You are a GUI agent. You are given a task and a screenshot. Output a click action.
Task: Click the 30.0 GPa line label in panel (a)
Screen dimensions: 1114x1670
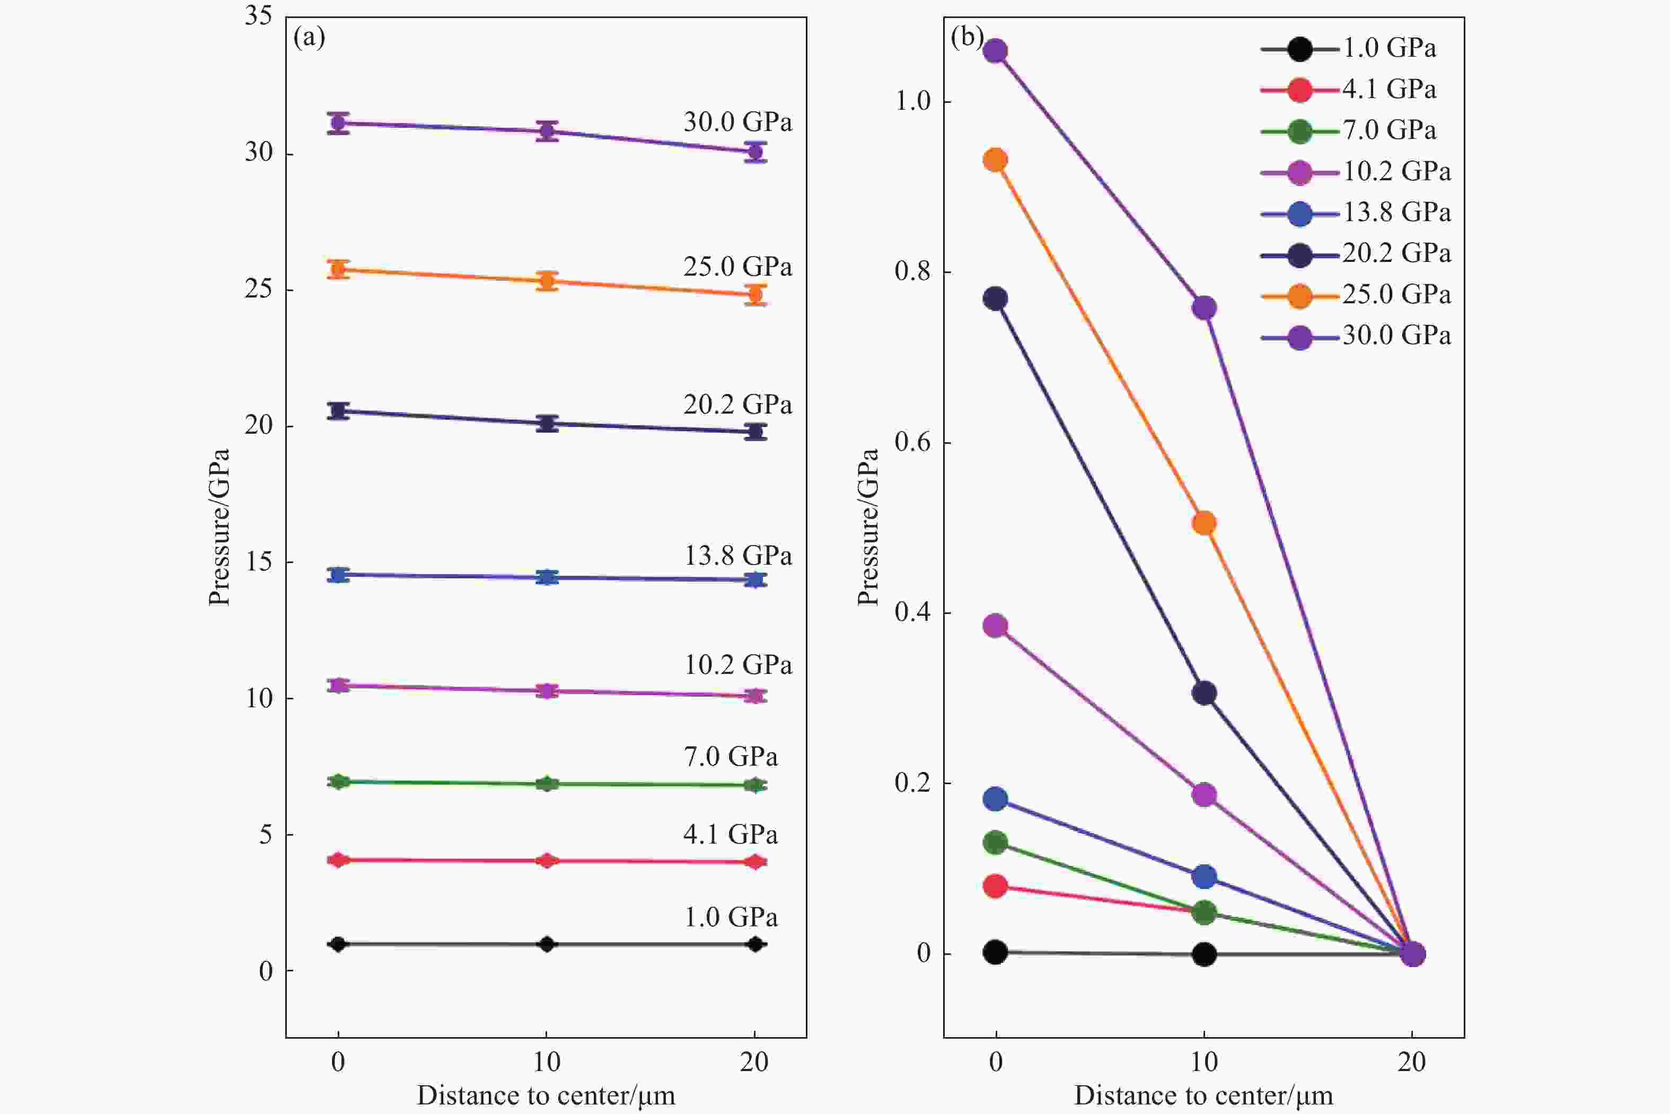(737, 122)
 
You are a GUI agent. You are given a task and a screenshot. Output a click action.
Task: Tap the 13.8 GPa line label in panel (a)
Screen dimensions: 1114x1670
(737, 556)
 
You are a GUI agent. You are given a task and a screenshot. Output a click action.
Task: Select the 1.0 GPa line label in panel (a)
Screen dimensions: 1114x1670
(730, 918)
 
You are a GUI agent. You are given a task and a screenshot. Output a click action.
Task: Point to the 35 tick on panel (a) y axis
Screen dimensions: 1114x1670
(259, 15)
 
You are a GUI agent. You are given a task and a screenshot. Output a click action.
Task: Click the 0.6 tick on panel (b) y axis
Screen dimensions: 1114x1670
(912, 442)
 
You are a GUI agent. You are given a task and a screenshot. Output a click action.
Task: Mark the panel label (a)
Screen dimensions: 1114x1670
(309, 37)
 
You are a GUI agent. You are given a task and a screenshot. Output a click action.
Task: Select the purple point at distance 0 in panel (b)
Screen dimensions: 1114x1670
(995, 51)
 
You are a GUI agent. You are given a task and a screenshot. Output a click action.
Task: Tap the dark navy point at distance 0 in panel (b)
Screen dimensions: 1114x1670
(995, 299)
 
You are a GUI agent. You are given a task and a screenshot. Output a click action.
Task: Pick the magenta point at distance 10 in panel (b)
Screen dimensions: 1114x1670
(1203, 794)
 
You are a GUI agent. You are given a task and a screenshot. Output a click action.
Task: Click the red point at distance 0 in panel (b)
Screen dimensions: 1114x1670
(995, 886)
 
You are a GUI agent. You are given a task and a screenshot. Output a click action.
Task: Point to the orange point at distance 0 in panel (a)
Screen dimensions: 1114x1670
(338, 269)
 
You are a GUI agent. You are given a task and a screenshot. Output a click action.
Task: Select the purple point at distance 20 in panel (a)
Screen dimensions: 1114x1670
(755, 151)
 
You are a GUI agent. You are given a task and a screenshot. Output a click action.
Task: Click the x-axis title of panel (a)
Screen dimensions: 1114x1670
(546, 1095)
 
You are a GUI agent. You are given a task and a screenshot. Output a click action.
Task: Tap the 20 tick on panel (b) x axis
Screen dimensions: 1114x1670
(1411, 1062)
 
